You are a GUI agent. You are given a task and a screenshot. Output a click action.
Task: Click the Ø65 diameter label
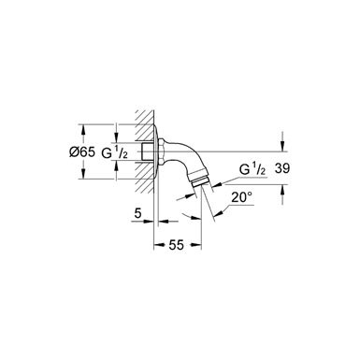pyautogui.click(x=81, y=152)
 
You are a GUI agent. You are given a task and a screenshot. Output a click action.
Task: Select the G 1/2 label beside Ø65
pyautogui.click(x=114, y=152)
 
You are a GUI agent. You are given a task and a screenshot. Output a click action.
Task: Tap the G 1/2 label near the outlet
pyautogui.click(x=252, y=169)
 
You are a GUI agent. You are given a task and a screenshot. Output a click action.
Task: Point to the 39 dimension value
pyautogui.click(x=282, y=168)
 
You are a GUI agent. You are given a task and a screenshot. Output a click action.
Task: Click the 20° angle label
pyautogui.click(x=241, y=197)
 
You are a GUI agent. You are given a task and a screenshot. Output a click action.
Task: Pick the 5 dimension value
pyautogui.click(x=137, y=213)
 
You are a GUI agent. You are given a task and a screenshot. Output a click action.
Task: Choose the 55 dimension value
pyautogui.click(x=177, y=245)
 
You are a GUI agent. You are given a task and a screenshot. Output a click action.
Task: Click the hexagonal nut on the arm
pyautogui.click(x=162, y=151)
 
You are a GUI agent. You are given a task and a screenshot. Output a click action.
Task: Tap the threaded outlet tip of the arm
pyautogui.click(x=201, y=181)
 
